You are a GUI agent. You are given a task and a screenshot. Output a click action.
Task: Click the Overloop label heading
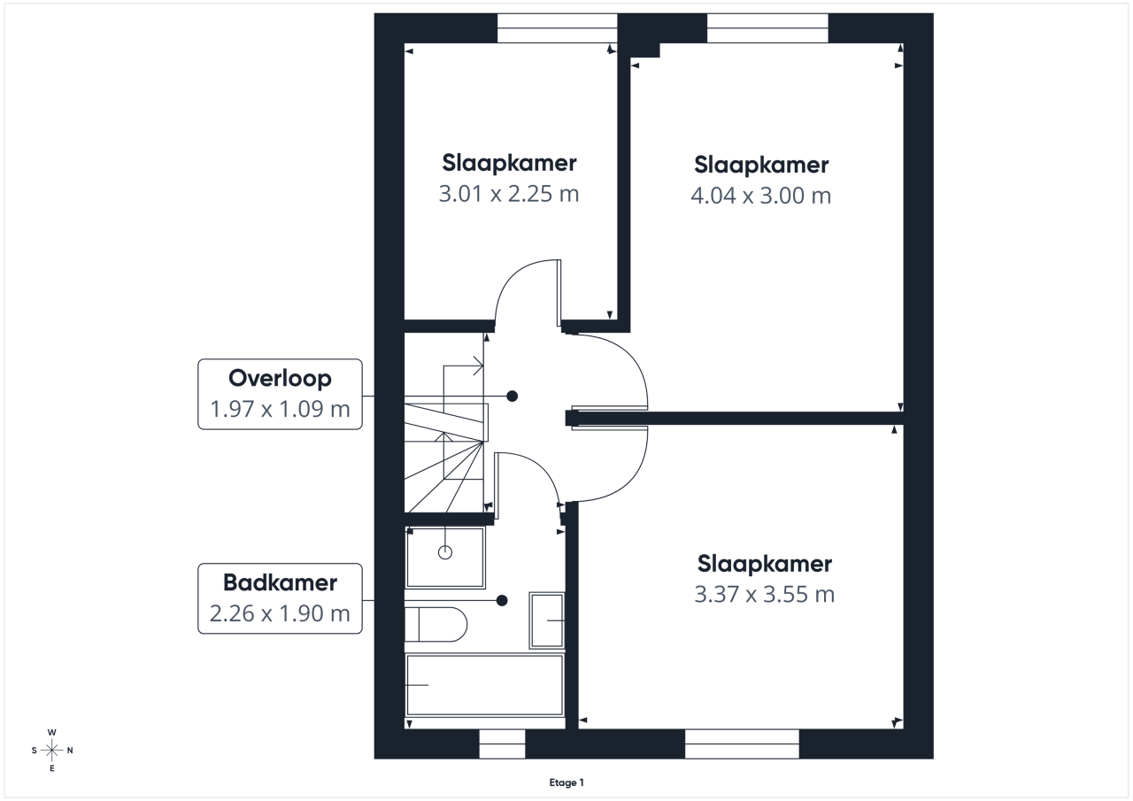click(x=280, y=379)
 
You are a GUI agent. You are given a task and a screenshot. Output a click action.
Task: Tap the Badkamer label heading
click(x=280, y=582)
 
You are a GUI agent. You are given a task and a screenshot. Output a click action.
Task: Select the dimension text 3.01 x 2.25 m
click(x=508, y=194)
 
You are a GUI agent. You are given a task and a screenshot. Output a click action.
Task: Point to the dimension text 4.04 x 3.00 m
click(x=760, y=196)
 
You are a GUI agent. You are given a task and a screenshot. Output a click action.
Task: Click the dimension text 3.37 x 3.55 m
click(x=764, y=594)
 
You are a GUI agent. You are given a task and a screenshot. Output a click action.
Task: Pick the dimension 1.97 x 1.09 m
click(x=280, y=409)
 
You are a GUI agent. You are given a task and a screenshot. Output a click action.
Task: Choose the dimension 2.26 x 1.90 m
click(x=280, y=613)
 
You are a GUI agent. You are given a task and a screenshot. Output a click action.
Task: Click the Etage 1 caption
click(x=566, y=782)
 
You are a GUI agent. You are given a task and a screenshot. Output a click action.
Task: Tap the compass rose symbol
click(x=51, y=750)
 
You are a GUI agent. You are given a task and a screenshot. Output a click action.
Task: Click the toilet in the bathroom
click(x=435, y=625)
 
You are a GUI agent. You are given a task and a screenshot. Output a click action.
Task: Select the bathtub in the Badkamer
click(x=484, y=685)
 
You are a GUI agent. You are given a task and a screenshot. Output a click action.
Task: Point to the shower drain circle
click(x=445, y=552)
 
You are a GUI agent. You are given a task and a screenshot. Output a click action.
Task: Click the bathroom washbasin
click(x=547, y=620)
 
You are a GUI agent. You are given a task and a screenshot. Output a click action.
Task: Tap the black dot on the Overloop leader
click(x=512, y=396)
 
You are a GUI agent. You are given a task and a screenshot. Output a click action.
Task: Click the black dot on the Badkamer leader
click(x=502, y=600)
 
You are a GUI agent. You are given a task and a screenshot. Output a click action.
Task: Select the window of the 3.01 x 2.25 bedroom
click(x=558, y=27)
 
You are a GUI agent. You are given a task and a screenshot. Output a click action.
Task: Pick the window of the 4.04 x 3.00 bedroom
click(x=767, y=27)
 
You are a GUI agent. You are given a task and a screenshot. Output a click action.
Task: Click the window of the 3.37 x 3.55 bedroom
click(x=742, y=743)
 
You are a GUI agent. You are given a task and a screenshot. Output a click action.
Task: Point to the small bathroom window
click(x=502, y=743)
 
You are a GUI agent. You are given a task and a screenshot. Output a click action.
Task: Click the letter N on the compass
click(x=70, y=751)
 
